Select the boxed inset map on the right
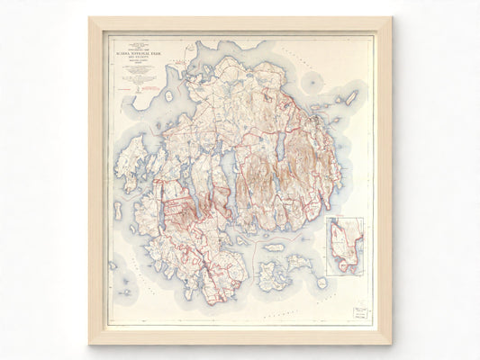[x=345, y=245]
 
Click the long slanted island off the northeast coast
[x=352, y=96]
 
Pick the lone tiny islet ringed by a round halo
[x=312, y=83]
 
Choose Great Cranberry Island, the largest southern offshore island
[x=272, y=274]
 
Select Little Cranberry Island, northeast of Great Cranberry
[x=298, y=264]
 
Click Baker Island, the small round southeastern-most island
[x=322, y=283]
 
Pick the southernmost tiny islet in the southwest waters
[x=121, y=293]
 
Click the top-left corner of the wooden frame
[x=90, y=18]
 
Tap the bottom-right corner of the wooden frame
[x=390, y=343]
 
